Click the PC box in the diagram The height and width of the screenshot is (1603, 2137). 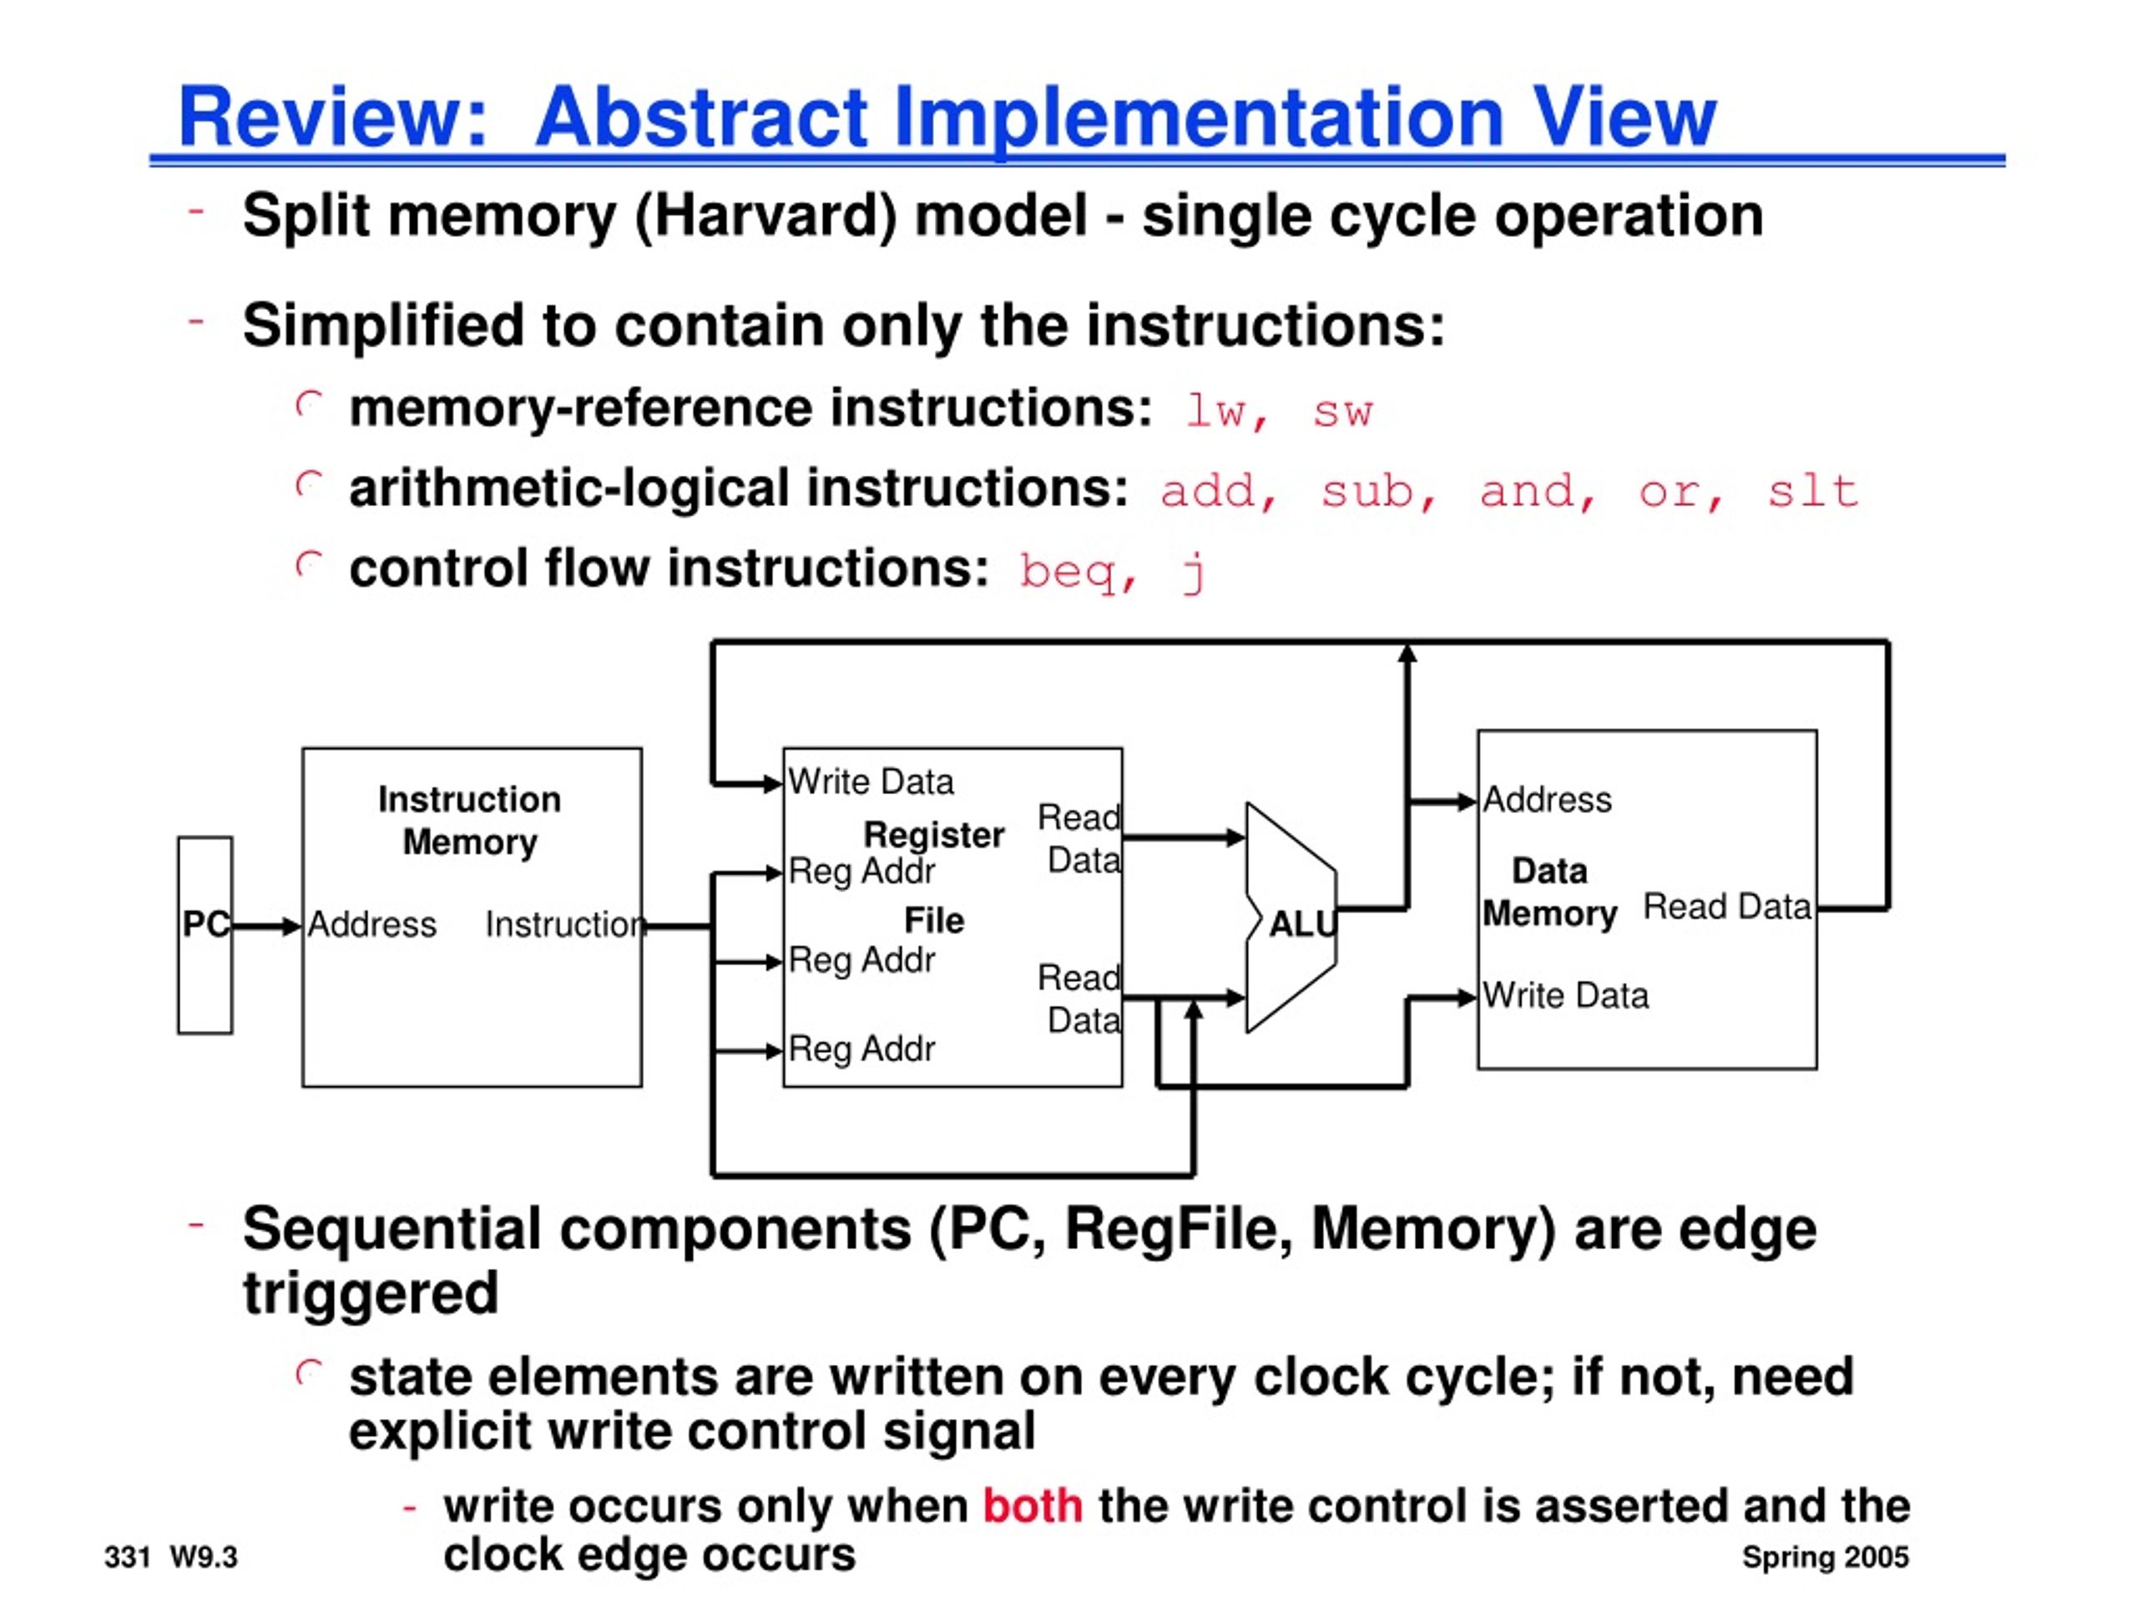[205, 935]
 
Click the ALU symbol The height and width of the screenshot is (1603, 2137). [1291, 918]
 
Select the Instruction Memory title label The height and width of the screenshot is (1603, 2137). [469, 821]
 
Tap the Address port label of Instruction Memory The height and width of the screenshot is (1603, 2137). [372, 925]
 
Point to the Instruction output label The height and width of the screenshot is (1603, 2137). [565, 925]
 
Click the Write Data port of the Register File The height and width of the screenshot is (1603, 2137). [871, 781]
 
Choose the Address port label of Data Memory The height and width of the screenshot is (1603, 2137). [1548, 800]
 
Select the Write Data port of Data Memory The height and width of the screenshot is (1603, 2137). [1566, 995]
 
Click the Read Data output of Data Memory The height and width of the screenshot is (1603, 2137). [1727, 907]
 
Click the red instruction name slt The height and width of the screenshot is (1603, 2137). [1812, 491]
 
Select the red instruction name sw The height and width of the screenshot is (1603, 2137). [1343, 412]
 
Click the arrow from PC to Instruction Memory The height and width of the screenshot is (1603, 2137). [266, 927]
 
